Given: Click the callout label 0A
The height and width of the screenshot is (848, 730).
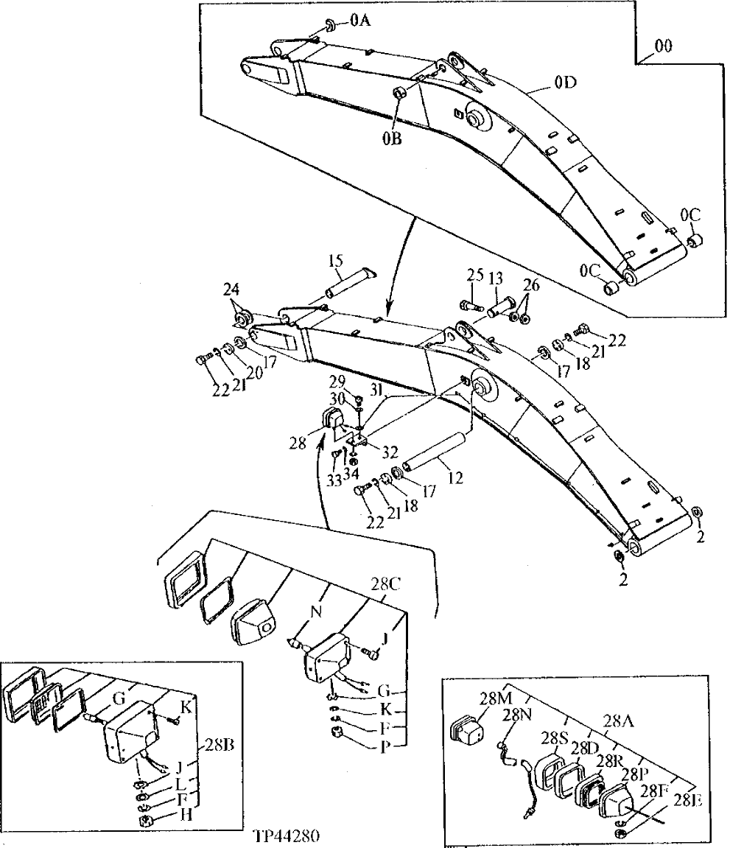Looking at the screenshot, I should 359,21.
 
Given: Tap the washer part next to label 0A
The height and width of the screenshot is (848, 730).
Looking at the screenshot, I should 329,27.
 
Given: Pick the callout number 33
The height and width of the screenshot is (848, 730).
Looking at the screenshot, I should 334,480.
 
